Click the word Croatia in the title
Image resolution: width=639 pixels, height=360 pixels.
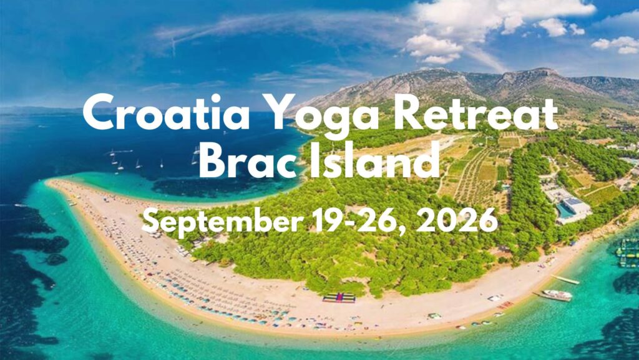(x=166, y=112)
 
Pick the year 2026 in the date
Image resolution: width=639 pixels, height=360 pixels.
(x=457, y=221)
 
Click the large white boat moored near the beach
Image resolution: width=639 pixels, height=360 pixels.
(x=557, y=295)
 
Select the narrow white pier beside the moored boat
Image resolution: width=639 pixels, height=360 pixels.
(x=565, y=280)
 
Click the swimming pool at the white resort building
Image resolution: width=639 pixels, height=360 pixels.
(x=565, y=210)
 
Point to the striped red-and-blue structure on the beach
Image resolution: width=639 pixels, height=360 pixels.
(x=339, y=298)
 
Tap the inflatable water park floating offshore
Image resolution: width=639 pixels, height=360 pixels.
(x=628, y=253)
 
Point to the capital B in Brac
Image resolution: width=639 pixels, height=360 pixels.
(x=213, y=160)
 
